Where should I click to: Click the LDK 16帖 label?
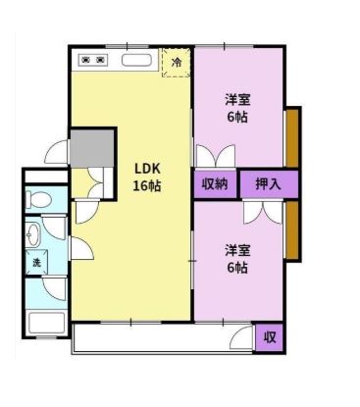(147, 177)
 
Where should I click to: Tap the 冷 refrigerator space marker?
(177, 63)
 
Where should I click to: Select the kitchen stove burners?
(93, 61)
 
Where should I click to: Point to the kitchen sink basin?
(135, 61)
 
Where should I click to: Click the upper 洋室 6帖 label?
(236, 107)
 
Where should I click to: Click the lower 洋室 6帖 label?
(235, 258)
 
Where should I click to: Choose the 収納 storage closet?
(215, 183)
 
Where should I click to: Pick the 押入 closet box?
(267, 183)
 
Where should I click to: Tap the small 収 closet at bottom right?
(269, 337)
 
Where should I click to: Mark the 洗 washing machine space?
(36, 262)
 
